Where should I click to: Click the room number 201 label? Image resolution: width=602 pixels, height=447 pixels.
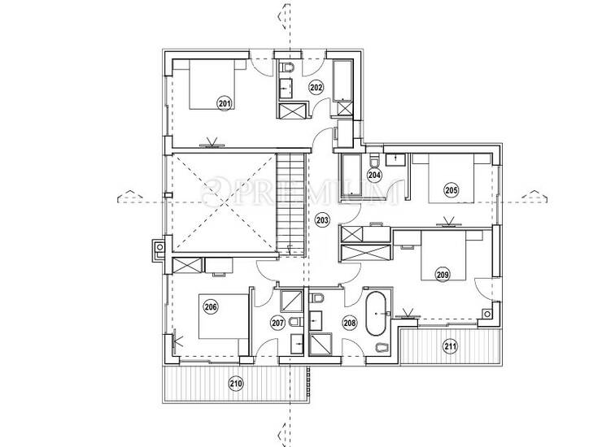pos(225,103)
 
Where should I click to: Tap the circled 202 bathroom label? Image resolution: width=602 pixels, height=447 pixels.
pos(316,88)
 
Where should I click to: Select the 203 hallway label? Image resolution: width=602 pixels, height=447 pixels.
pos(322,220)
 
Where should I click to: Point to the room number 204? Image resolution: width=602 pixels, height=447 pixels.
pos(374,176)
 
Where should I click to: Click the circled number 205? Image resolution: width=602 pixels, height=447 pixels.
pos(451,189)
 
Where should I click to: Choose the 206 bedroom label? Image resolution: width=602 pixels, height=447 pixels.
pos(211,307)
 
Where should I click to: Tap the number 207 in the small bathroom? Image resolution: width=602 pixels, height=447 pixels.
pos(277,323)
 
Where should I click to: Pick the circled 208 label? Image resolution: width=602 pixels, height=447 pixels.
pos(349,323)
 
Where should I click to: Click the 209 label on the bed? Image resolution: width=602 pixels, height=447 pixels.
pos(443,275)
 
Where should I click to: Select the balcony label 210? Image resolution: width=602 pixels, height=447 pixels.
pos(236,384)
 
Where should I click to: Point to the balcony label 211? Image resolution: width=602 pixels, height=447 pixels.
pos(450,347)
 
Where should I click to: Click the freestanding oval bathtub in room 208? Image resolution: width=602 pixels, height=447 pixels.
pos(376,314)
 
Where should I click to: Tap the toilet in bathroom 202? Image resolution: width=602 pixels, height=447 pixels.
pos(288,67)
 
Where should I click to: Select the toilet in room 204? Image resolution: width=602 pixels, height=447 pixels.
pos(374,161)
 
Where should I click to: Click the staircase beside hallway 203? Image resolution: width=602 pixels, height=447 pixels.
pos(291,204)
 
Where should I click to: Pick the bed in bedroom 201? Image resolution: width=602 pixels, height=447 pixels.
pos(212,85)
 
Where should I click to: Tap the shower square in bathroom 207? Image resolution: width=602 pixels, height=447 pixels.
pos(292,301)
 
